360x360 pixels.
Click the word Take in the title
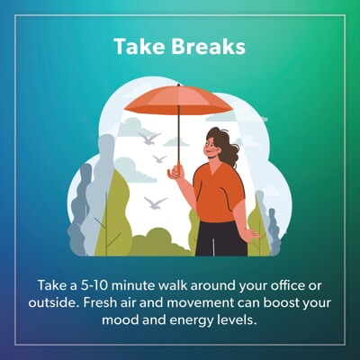point(139,47)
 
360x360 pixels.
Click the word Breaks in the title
point(209,47)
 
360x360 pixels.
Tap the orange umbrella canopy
point(178,100)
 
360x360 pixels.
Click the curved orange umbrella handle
point(175,172)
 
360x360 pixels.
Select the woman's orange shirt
point(219,193)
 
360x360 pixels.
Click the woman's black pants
point(221,238)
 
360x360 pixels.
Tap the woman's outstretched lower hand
point(250,235)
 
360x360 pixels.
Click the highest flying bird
point(149,139)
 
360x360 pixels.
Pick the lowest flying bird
point(155,203)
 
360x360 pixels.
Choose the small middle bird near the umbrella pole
point(159,158)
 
